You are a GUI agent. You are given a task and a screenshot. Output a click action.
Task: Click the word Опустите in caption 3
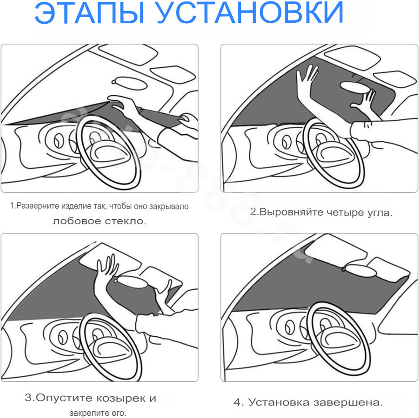(x=64, y=398)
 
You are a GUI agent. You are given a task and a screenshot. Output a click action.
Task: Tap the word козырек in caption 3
(x=120, y=398)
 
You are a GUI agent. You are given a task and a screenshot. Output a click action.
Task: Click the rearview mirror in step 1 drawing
(x=130, y=83)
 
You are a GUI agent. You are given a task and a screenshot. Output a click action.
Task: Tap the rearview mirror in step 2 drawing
(x=354, y=88)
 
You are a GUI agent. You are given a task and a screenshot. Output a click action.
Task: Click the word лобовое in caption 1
(x=76, y=221)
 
